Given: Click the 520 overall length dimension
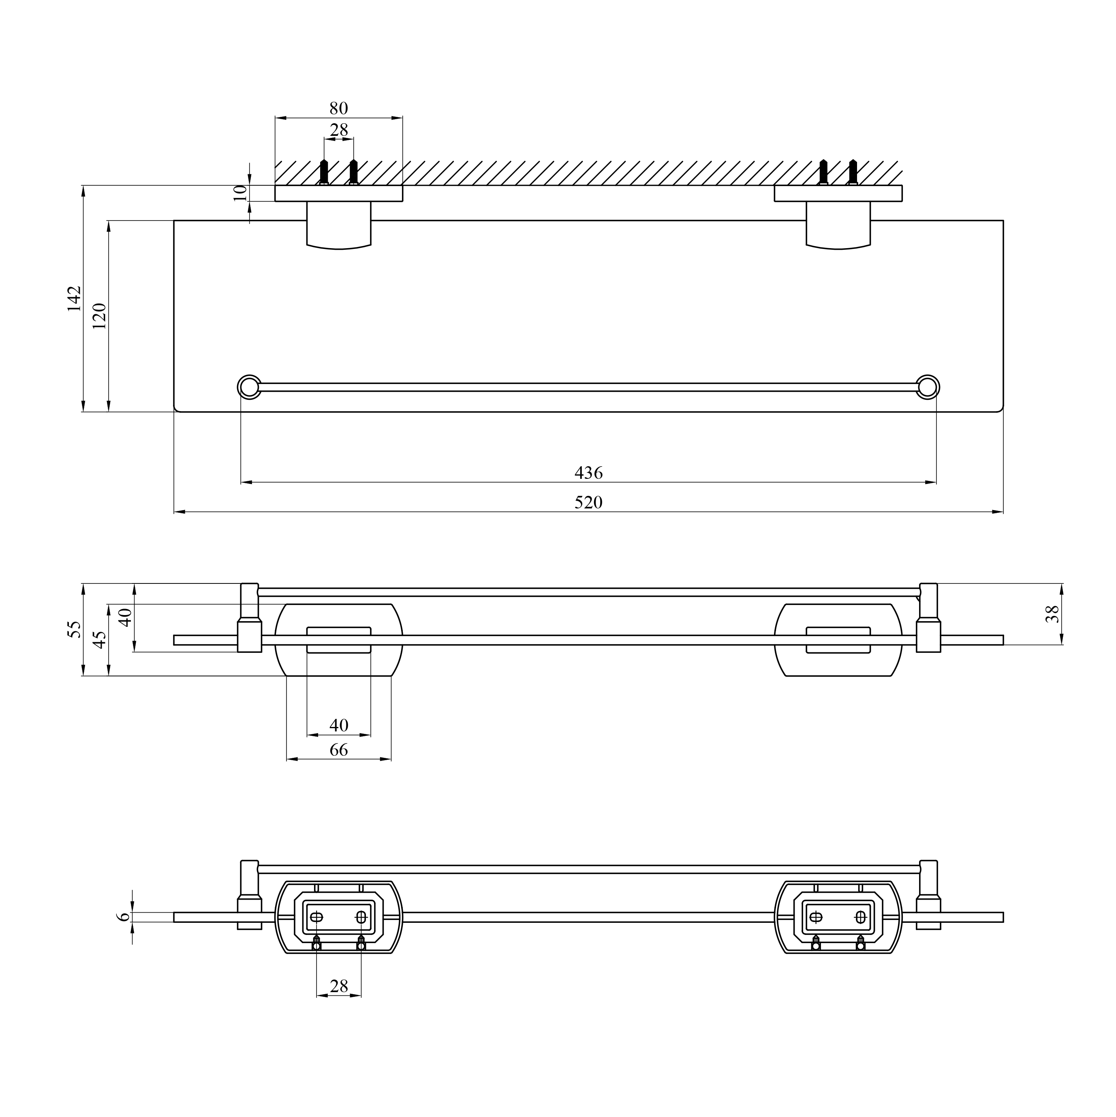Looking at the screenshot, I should [x=588, y=502].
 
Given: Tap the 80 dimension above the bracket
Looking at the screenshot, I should [x=339, y=108].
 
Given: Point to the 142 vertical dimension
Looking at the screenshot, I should [x=75, y=298].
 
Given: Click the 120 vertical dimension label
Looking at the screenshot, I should [x=99, y=316].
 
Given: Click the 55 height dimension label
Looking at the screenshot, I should [x=75, y=630].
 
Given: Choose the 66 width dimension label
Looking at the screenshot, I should [x=339, y=750].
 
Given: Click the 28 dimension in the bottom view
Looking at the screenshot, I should [x=339, y=986].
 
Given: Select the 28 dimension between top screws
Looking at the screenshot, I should [x=339, y=130].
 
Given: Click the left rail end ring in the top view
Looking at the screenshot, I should [x=250, y=387].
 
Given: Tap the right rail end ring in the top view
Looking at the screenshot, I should [x=928, y=387].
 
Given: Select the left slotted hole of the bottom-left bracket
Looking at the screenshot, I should [x=317, y=917].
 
